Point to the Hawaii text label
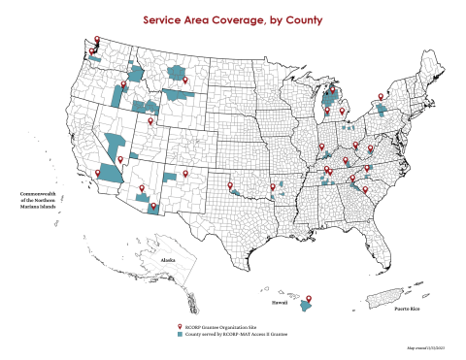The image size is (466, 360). coord(278,302)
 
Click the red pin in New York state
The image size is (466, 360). coord(381,96)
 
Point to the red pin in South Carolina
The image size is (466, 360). coord(365,189)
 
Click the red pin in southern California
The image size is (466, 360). coord(99,172)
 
